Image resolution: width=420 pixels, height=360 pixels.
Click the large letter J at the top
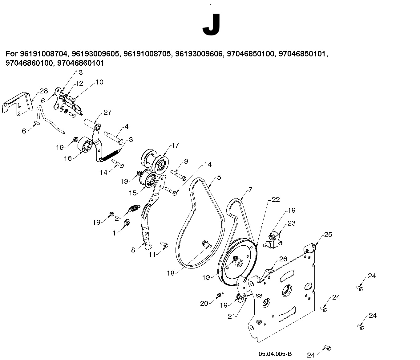click(211, 25)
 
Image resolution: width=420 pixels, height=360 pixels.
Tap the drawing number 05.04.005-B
click(275, 354)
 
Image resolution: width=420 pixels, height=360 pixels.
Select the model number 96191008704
click(43, 54)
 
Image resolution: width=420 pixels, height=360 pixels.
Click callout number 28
click(44, 91)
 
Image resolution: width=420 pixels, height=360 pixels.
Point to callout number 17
click(175, 145)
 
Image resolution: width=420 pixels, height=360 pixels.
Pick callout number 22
click(276, 199)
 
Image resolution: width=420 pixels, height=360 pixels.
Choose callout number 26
click(283, 259)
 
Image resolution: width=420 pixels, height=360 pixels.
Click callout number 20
click(204, 304)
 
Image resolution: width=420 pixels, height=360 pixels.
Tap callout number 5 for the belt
click(219, 177)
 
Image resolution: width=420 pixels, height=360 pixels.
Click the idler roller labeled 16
click(85, 145)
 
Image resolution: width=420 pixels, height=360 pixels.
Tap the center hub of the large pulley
click(239, 264)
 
